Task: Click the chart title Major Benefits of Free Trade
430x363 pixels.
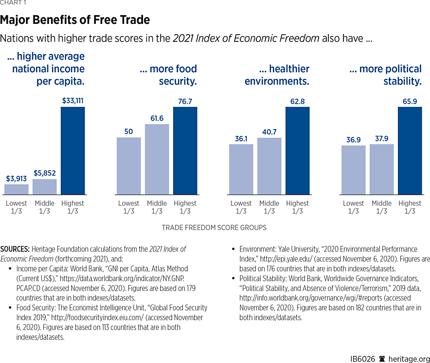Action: [x=75, y=20]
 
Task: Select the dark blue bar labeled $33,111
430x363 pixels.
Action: [x=72, y=151]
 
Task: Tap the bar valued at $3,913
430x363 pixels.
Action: [x=17, y=190]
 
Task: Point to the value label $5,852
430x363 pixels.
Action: [x=44, y=173]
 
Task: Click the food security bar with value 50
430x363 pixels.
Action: [x=129, y=166]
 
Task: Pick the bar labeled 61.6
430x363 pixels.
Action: [x=157, y=159]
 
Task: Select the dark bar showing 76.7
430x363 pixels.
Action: [x=185, y=151]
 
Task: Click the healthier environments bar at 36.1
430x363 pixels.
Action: [x=241, y=170]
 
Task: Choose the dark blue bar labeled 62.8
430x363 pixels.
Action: [x=297, y=151]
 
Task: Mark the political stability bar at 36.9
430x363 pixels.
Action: [x=353, y=170]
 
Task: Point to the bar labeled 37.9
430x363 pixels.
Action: [x=381, y=170]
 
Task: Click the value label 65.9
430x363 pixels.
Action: [x=410, y=101]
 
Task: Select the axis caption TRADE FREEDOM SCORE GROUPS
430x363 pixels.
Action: [x=214, y=228]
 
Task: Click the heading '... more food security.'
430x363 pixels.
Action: [x=168, y=75]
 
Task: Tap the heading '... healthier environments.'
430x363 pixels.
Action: [x=277, y=75]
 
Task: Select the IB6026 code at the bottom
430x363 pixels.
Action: [x=363, y=359]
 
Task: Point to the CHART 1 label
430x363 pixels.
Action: [x=14, y=2]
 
